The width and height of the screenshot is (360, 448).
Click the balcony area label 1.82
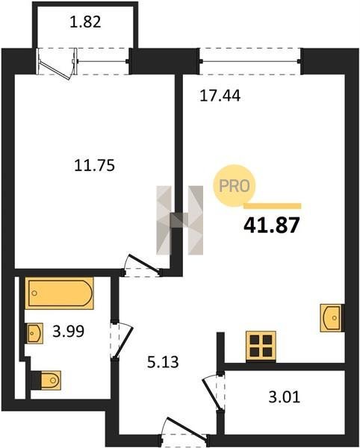click(x=85, y=22)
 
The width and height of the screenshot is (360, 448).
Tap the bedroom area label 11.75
click(x=94, y=166)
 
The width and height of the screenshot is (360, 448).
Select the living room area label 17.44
click(x=220, y=96)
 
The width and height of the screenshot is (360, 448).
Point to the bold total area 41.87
click(x=271, y=225)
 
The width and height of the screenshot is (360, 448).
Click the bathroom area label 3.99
click(x=69, y=332)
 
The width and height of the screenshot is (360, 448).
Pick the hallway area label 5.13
click(x=163, y=362)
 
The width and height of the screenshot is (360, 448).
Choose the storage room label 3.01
click(x=285, y=397)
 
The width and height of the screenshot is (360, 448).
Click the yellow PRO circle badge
click(x=235, y=186)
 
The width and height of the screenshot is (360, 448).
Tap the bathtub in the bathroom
click(x=60, y=293)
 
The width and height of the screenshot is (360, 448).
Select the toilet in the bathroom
click(x=46, y=380)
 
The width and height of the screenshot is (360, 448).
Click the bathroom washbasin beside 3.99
click(x=34, y=333)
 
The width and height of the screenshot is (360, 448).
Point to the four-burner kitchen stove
click(x=261, y=346)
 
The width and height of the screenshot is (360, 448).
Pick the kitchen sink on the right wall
click(x=332, y=318)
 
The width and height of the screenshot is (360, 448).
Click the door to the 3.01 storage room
click(x=213, y=392)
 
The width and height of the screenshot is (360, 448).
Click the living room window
click(x=250, y=61)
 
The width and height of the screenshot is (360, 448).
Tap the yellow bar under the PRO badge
click(x=273, y=206)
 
